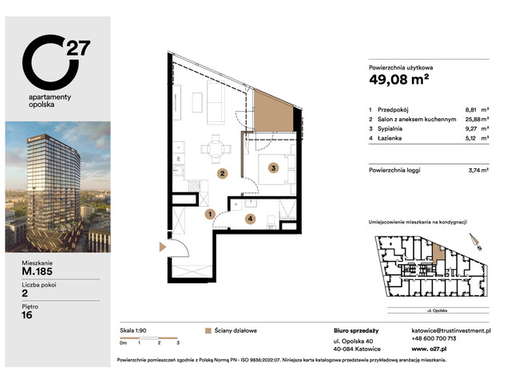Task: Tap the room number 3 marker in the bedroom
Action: [272, 168]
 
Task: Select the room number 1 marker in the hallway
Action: [209, 214]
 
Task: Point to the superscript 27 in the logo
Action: [80, 48]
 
